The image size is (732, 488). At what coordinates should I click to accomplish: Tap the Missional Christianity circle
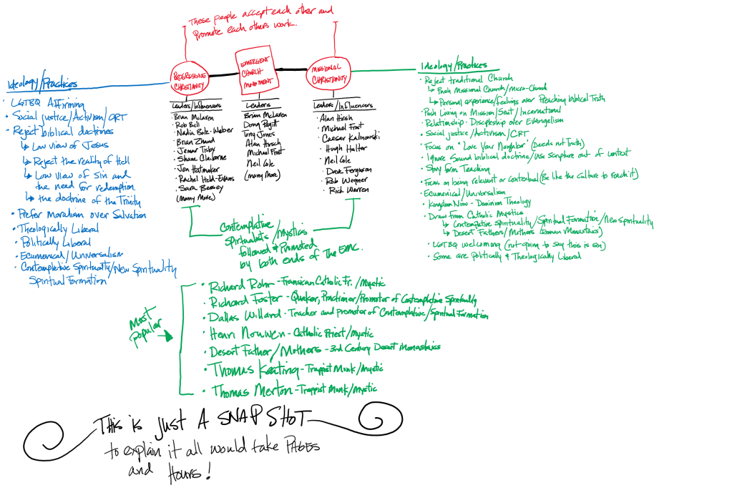(330, 75)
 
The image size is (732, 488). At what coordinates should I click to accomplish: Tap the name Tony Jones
(260, 134)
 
